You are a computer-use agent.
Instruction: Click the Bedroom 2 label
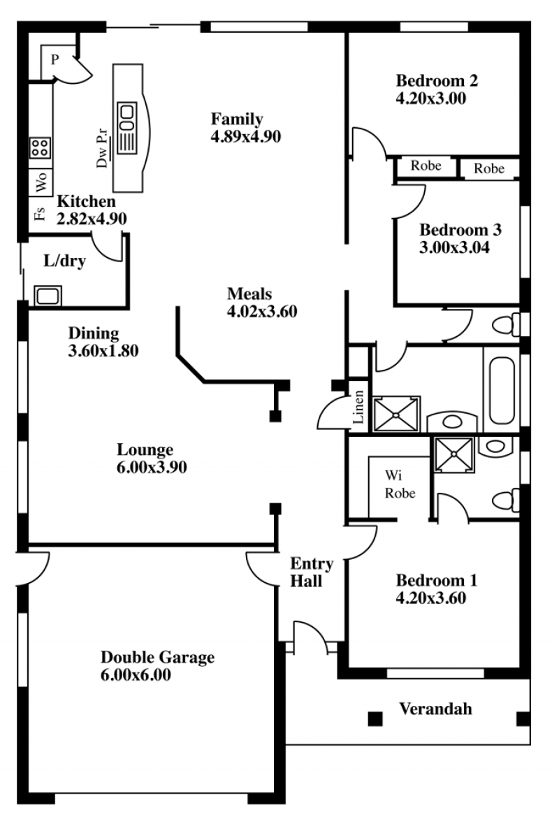(x=437, y=81)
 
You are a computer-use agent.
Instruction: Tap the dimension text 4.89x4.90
(x=246, y=136)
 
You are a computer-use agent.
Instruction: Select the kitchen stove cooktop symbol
(x=40, y=147)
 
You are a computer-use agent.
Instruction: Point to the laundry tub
(x=48, y=296)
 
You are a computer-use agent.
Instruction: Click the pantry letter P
(x=55, y=59)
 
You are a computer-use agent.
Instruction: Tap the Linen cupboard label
(x=358, y=407)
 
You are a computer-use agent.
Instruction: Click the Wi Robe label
(x=400, y=484)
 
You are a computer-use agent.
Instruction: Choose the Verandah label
(x=435, y=709)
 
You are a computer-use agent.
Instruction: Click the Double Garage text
(x=157, y=657)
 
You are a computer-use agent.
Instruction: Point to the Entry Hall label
(x=312, y=572)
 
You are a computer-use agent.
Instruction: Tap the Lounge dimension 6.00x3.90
(x=152, y=468)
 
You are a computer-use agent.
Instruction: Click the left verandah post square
(x=375, y=719)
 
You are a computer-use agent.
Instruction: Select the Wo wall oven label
(x=41, y=181)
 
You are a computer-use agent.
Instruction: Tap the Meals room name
(x=249, y=294)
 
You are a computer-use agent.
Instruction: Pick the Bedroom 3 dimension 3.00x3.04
(x=454, y=247)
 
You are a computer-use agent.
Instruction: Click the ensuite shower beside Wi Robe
(x=454, y=454)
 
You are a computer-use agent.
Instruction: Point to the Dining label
(x=94, y=333)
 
